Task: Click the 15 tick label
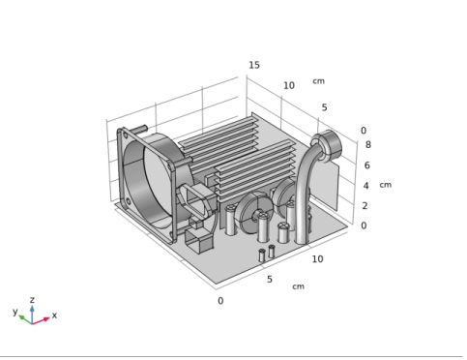[x=254, y=65]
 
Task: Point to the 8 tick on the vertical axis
[x=368, y=144]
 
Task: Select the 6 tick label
[x=367, y=165]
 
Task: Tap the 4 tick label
[x=366, y=186]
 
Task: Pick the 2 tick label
[x=365, y=205]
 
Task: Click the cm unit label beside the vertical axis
[x=386, y=185]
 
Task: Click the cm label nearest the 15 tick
[x=318, y=81]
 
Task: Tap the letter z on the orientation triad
[x=32, y=300]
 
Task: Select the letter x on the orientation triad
[x=54, y=315]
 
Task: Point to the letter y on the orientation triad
[x=15, y=312]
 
